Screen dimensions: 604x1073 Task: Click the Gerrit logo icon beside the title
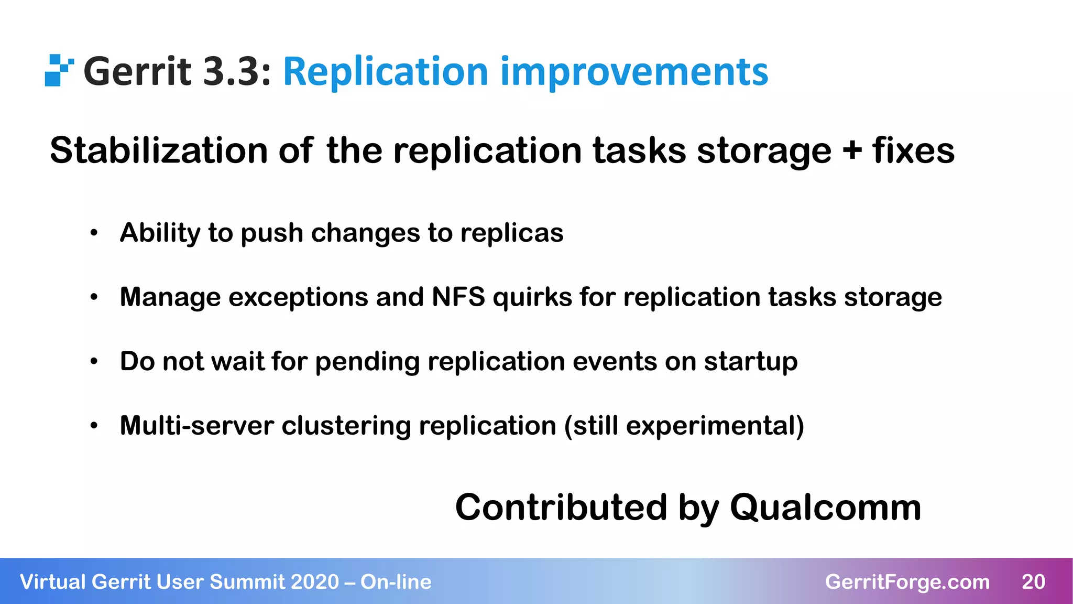click(58, 70)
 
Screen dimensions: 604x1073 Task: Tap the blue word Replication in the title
click(385, 72)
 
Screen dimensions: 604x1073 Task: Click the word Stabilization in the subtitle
click(159, 151)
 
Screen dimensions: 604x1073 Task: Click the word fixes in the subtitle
click(913, 151)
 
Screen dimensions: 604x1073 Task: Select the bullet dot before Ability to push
click(94, 233)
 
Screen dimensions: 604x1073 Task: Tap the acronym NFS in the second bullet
click(458, 297)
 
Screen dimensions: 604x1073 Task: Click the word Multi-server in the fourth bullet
click(196, 426)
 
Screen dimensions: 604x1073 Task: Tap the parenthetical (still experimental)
click(684, 426)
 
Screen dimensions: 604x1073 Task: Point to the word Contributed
click(561, 508)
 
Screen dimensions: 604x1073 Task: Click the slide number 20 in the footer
click(1033, 582)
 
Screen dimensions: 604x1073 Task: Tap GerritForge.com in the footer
click(907, 582)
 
